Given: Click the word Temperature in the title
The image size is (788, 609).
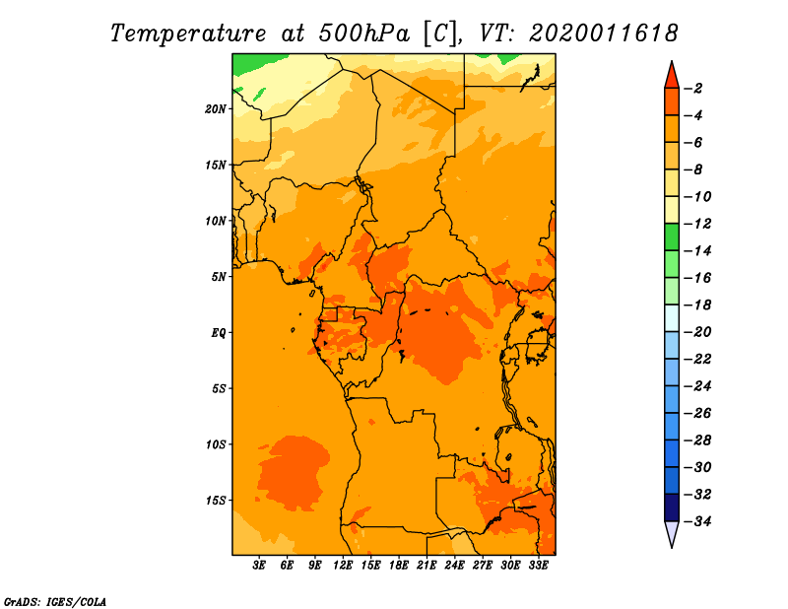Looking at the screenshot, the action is (x=188, y=34).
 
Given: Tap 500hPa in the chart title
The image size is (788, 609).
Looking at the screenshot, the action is (x=363, y=34).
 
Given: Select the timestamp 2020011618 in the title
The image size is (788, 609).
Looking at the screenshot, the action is (x=604, y=34).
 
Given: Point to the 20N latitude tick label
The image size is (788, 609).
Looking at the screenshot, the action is (x=216, y=109).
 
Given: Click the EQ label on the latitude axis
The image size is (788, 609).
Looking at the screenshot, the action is (x=219, y=333).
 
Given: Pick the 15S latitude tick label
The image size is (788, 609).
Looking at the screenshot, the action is (x=216, y=501).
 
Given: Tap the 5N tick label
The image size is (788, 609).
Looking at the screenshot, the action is (x=219, y=277).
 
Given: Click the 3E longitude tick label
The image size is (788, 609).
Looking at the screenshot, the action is (x=259, y=565).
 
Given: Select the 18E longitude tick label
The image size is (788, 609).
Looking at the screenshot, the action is (x=399, y=565).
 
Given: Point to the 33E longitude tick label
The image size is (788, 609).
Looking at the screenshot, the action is (x=538, y=565).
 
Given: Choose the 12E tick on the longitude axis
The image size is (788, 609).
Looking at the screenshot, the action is (x=343, y=565).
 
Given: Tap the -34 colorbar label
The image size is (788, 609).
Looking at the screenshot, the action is (x=697, y=521).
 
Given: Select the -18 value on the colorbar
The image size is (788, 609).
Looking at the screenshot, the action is (x=697, y=305).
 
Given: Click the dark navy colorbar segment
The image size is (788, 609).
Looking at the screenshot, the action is (x=672, y=507).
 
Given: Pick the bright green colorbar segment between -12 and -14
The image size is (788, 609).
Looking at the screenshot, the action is (x=672, y=237).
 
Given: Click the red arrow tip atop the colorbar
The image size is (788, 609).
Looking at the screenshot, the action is (x=672, y=61).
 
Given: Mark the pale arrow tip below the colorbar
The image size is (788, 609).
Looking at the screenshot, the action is (x=672, y=548).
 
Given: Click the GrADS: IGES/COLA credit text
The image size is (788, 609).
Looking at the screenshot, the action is (x=55, y=602).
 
